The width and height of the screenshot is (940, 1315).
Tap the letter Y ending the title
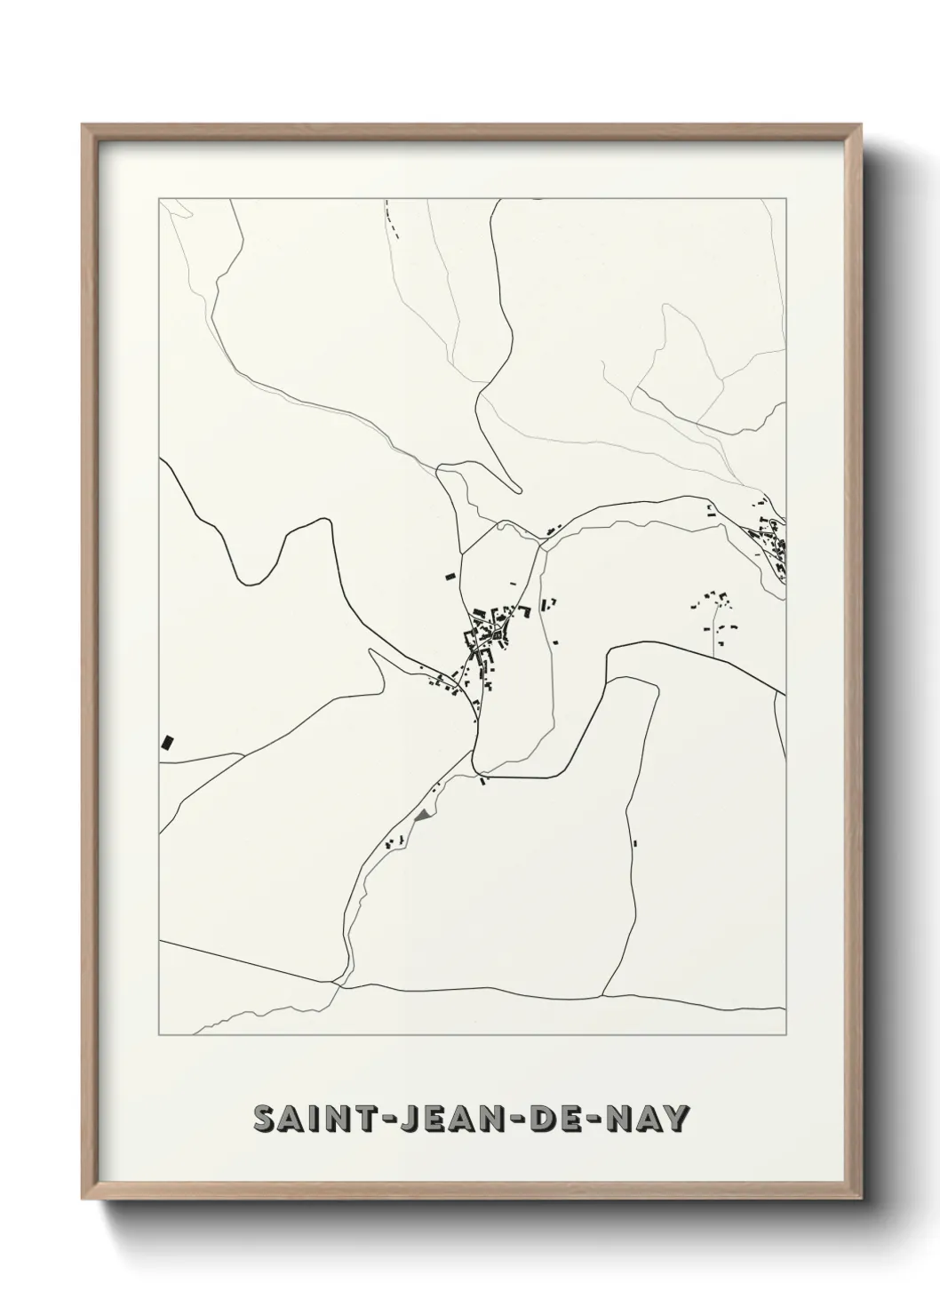pyautogui.click(x=676, y=1119)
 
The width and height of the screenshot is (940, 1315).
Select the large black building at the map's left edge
pyautogui.click(x=166, y=742)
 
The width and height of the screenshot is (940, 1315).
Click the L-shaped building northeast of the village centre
pyautogui.click(x=547, y=604)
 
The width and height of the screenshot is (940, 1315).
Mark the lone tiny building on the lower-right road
pyautogui.click(x=636, y=842)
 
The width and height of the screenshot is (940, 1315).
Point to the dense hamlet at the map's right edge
pyautogui.click(x=769, y=539)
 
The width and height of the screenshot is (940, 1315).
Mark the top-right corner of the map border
pyautogui.click(x=785, y=199)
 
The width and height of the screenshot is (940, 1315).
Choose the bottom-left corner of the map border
pyautogui.click(x=158, y=1036)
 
